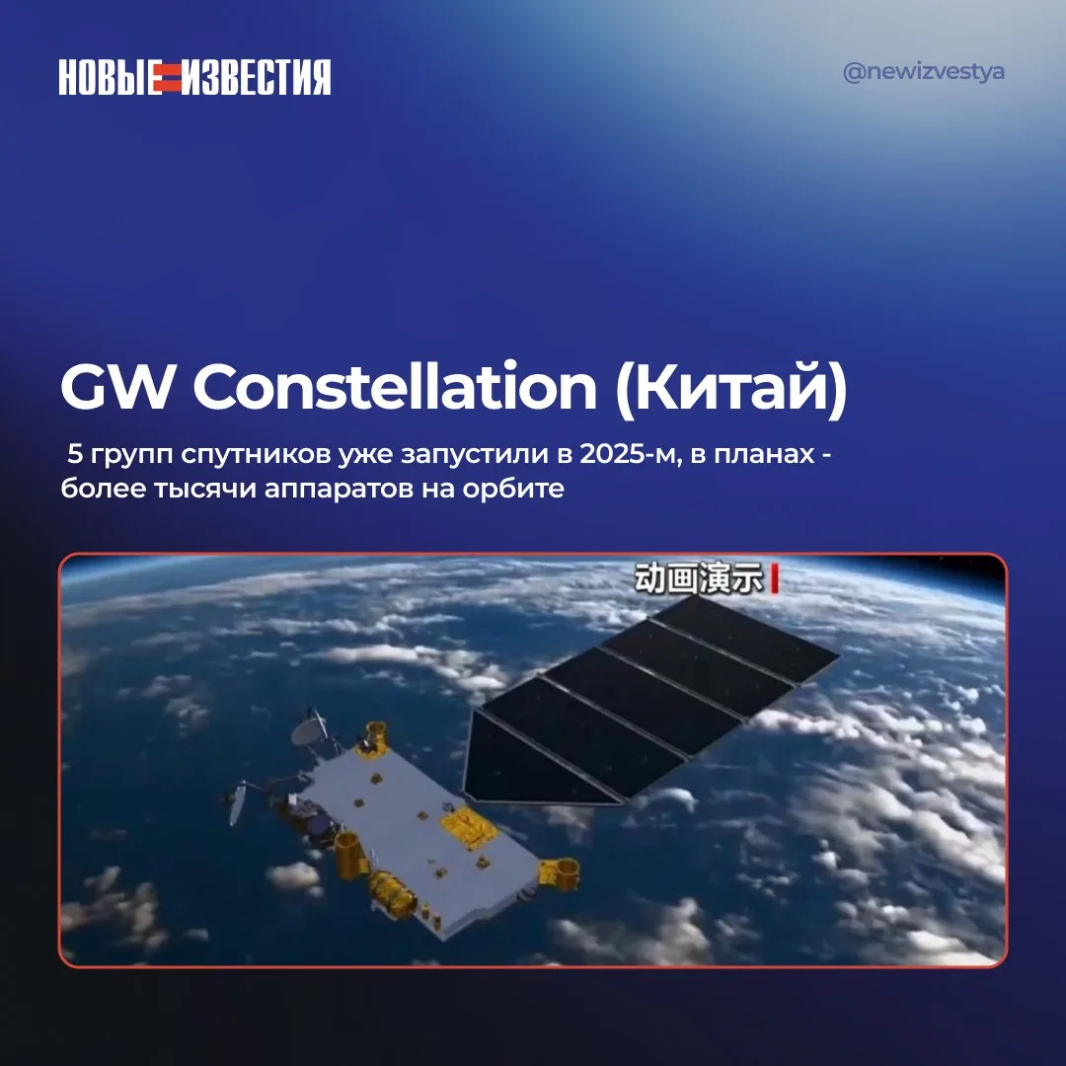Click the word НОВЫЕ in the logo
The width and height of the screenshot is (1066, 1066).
click(x=110, y=77)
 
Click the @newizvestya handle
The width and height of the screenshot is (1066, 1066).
click(x=923, y=71)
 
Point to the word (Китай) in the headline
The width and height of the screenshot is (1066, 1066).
click(x=730, y=388)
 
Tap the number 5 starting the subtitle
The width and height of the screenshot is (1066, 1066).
click(x=75, y=454)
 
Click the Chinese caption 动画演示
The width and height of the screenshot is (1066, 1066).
click(x=698, y=579)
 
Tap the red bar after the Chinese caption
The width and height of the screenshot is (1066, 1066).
click(x=775, y=579)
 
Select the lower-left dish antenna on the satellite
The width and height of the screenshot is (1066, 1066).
click(x=237, y=802)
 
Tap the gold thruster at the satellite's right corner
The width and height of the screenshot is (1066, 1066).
click(x=560, y=873)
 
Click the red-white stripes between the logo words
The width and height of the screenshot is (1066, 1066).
click(x=172, y=77)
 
